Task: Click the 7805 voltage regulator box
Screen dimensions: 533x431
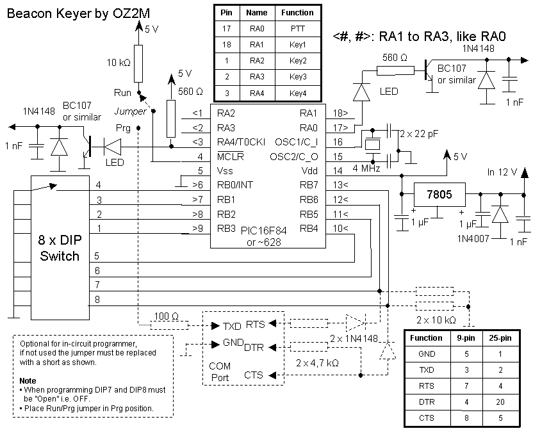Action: tap(439, 195)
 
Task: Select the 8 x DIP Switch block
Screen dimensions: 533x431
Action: tap(60, 248)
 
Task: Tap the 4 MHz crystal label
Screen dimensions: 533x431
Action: tap(366, 168)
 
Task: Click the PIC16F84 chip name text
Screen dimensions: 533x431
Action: tap(264, 231)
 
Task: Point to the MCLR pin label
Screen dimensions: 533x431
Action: tap(230, 157)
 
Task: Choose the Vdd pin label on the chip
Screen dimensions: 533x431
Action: tap(309, 171)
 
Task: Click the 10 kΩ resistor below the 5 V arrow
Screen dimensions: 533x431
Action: tap(138, 63)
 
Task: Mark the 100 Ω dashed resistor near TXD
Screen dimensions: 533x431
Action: tap(169, 325)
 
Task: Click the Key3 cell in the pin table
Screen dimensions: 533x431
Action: tap(298, 77)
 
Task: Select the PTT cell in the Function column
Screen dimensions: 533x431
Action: tap(298, 29)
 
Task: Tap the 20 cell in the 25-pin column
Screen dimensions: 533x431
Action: tap(500, 402)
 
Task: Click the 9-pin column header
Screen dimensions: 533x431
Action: tap(466, 338)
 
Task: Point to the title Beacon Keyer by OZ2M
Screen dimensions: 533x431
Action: tap(78, 13)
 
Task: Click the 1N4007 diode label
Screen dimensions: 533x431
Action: tap(473, 239)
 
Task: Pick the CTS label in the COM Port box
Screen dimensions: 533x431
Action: tap(253, 375)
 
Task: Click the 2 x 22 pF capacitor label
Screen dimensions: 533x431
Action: tap(419, 134)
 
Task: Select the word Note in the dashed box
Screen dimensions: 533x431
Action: tap(28, 380)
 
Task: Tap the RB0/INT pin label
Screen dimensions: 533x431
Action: tap(235, 185)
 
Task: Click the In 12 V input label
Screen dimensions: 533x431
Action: tap(502, 172)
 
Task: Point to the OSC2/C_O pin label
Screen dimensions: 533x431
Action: tap(293, 157)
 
